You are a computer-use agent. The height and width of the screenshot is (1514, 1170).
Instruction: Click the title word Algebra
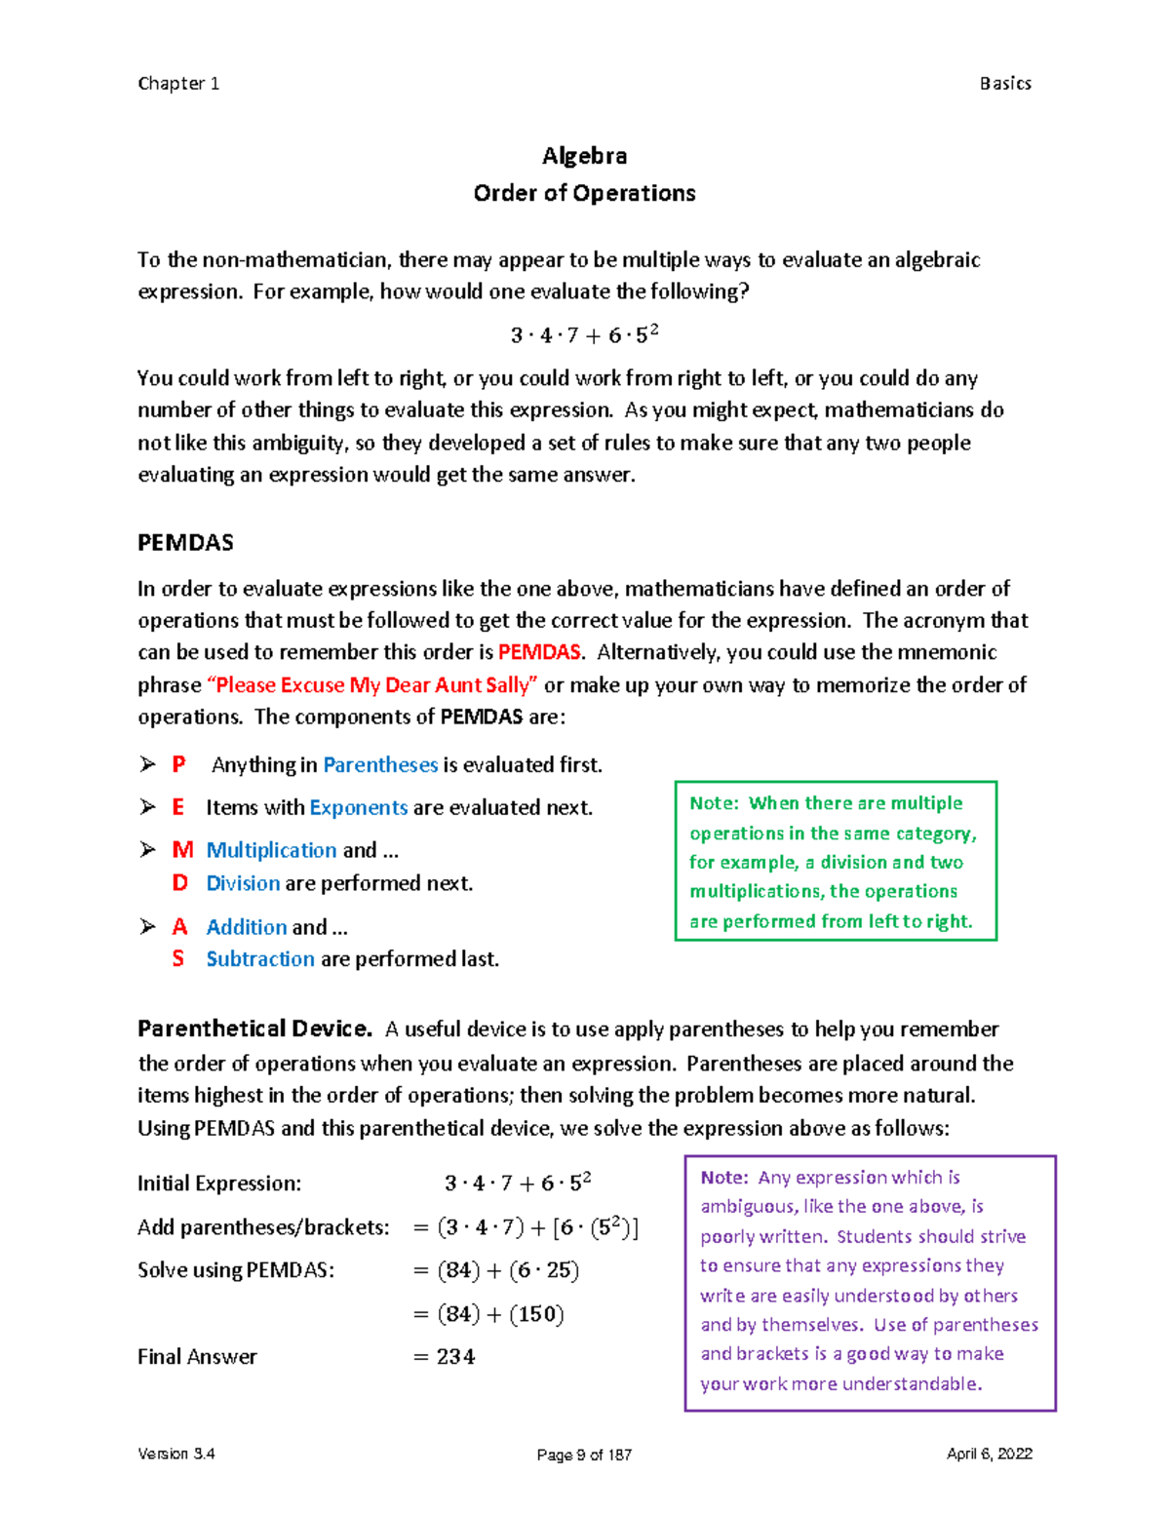point(584,156)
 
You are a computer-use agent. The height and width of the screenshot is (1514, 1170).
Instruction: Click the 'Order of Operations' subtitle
point(584,193)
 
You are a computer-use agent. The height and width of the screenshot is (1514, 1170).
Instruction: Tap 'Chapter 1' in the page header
point(178,84)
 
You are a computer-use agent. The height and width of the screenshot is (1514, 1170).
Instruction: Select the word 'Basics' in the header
point(1005,84)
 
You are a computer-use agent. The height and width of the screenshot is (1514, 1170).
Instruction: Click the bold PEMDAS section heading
point(185,543)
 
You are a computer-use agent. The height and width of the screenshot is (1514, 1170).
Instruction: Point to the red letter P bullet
point(178,765)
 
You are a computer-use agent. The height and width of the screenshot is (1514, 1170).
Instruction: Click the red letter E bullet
point(178,807)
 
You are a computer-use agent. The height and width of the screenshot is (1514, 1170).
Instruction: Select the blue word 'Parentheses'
point(380,765)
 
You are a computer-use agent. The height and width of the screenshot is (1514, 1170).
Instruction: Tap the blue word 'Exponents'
point(358,807)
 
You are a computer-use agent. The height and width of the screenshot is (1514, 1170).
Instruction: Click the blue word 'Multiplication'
point(271,850)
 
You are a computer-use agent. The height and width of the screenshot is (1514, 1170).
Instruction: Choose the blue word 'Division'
point(243,883)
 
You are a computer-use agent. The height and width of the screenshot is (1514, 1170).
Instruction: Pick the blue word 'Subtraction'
point(260,959)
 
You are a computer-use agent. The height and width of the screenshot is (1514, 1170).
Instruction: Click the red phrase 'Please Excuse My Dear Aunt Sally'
point(372,685)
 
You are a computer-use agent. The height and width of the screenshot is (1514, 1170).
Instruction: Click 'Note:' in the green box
point(715,803)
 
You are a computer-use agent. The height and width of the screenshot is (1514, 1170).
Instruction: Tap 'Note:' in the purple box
point(724,1178)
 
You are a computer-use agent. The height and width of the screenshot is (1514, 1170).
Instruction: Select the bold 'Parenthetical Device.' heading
point(254,1029)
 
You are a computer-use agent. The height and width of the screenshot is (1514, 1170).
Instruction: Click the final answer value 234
point(455,1357)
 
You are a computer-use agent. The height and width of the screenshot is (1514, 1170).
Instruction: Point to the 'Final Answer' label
point(197,1357)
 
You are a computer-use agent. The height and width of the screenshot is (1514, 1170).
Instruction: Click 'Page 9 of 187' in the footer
point(584,1455)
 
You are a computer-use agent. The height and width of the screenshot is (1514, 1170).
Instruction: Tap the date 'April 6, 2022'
point(989,1454)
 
